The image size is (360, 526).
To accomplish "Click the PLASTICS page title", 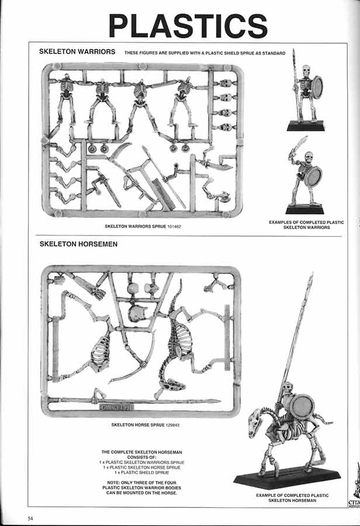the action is (x=188, y=26).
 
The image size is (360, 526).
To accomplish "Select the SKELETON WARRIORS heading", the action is (x=77, y=51).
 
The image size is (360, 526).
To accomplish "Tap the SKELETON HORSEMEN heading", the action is (x=78, y=244).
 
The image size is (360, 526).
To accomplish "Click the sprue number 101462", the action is (x=174, y=227).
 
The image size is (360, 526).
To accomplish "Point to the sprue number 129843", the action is (x=173, y=425).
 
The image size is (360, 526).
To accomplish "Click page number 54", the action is (x=30, y=518).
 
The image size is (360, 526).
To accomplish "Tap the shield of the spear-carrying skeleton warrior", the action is (x=317, y=87).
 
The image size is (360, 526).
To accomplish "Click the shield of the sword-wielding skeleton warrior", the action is (x=314, y=177).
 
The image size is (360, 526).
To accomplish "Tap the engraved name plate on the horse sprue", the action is (x=116, y=407).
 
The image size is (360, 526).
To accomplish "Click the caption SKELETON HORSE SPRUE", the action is (x=138, y=425).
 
